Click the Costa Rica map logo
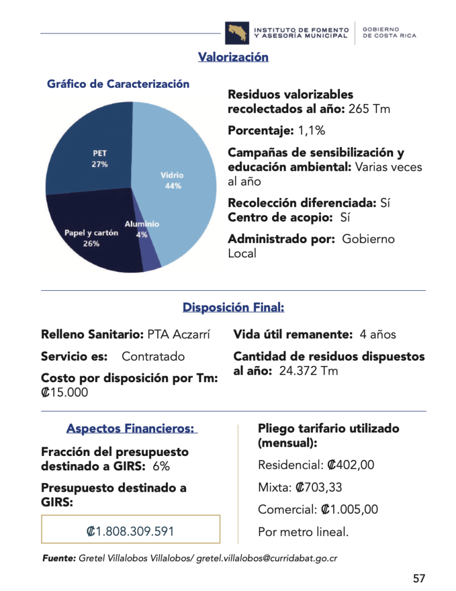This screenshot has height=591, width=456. click(237, 33)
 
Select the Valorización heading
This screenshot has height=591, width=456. click(233, 57)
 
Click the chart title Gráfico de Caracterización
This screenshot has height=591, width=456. click(118, 84)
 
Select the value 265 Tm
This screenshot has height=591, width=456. click(369, 109)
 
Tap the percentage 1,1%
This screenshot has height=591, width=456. click(311, 130)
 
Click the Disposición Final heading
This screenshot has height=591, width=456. click(233, 307)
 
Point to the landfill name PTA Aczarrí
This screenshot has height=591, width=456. click(179, 334)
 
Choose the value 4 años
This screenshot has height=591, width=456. click(378, 334)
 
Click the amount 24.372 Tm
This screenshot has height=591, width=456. click(308, 371)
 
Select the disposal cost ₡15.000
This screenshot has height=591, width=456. click(65, 392)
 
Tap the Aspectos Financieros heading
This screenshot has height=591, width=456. click(131, 428)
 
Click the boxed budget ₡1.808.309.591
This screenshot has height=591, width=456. click(130, 531)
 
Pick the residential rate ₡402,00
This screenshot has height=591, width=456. click(351, 465)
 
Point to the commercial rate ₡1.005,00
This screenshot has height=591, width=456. click(349, 510)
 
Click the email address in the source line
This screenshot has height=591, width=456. click(266, 558)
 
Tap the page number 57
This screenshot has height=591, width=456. click(419, 578)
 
